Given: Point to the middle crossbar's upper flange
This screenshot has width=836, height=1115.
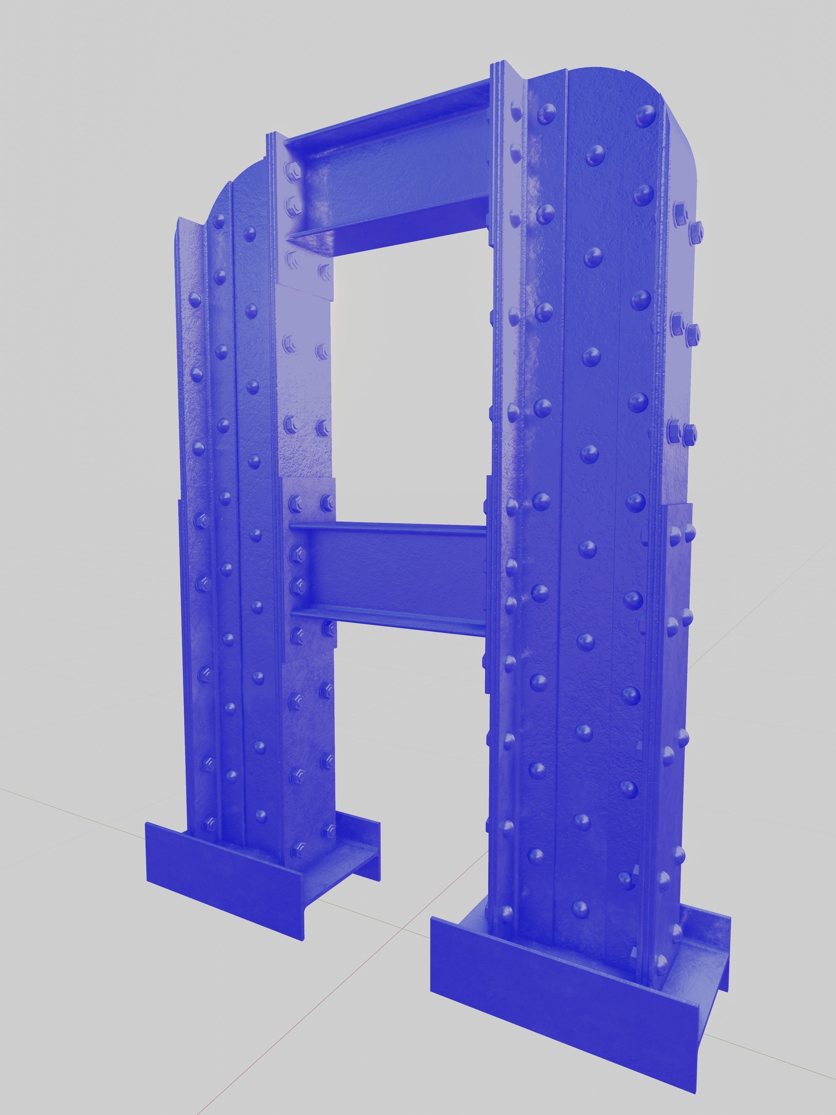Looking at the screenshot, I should pos(388,527).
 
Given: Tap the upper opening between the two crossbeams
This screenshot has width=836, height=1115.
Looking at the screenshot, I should pos(408,378).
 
